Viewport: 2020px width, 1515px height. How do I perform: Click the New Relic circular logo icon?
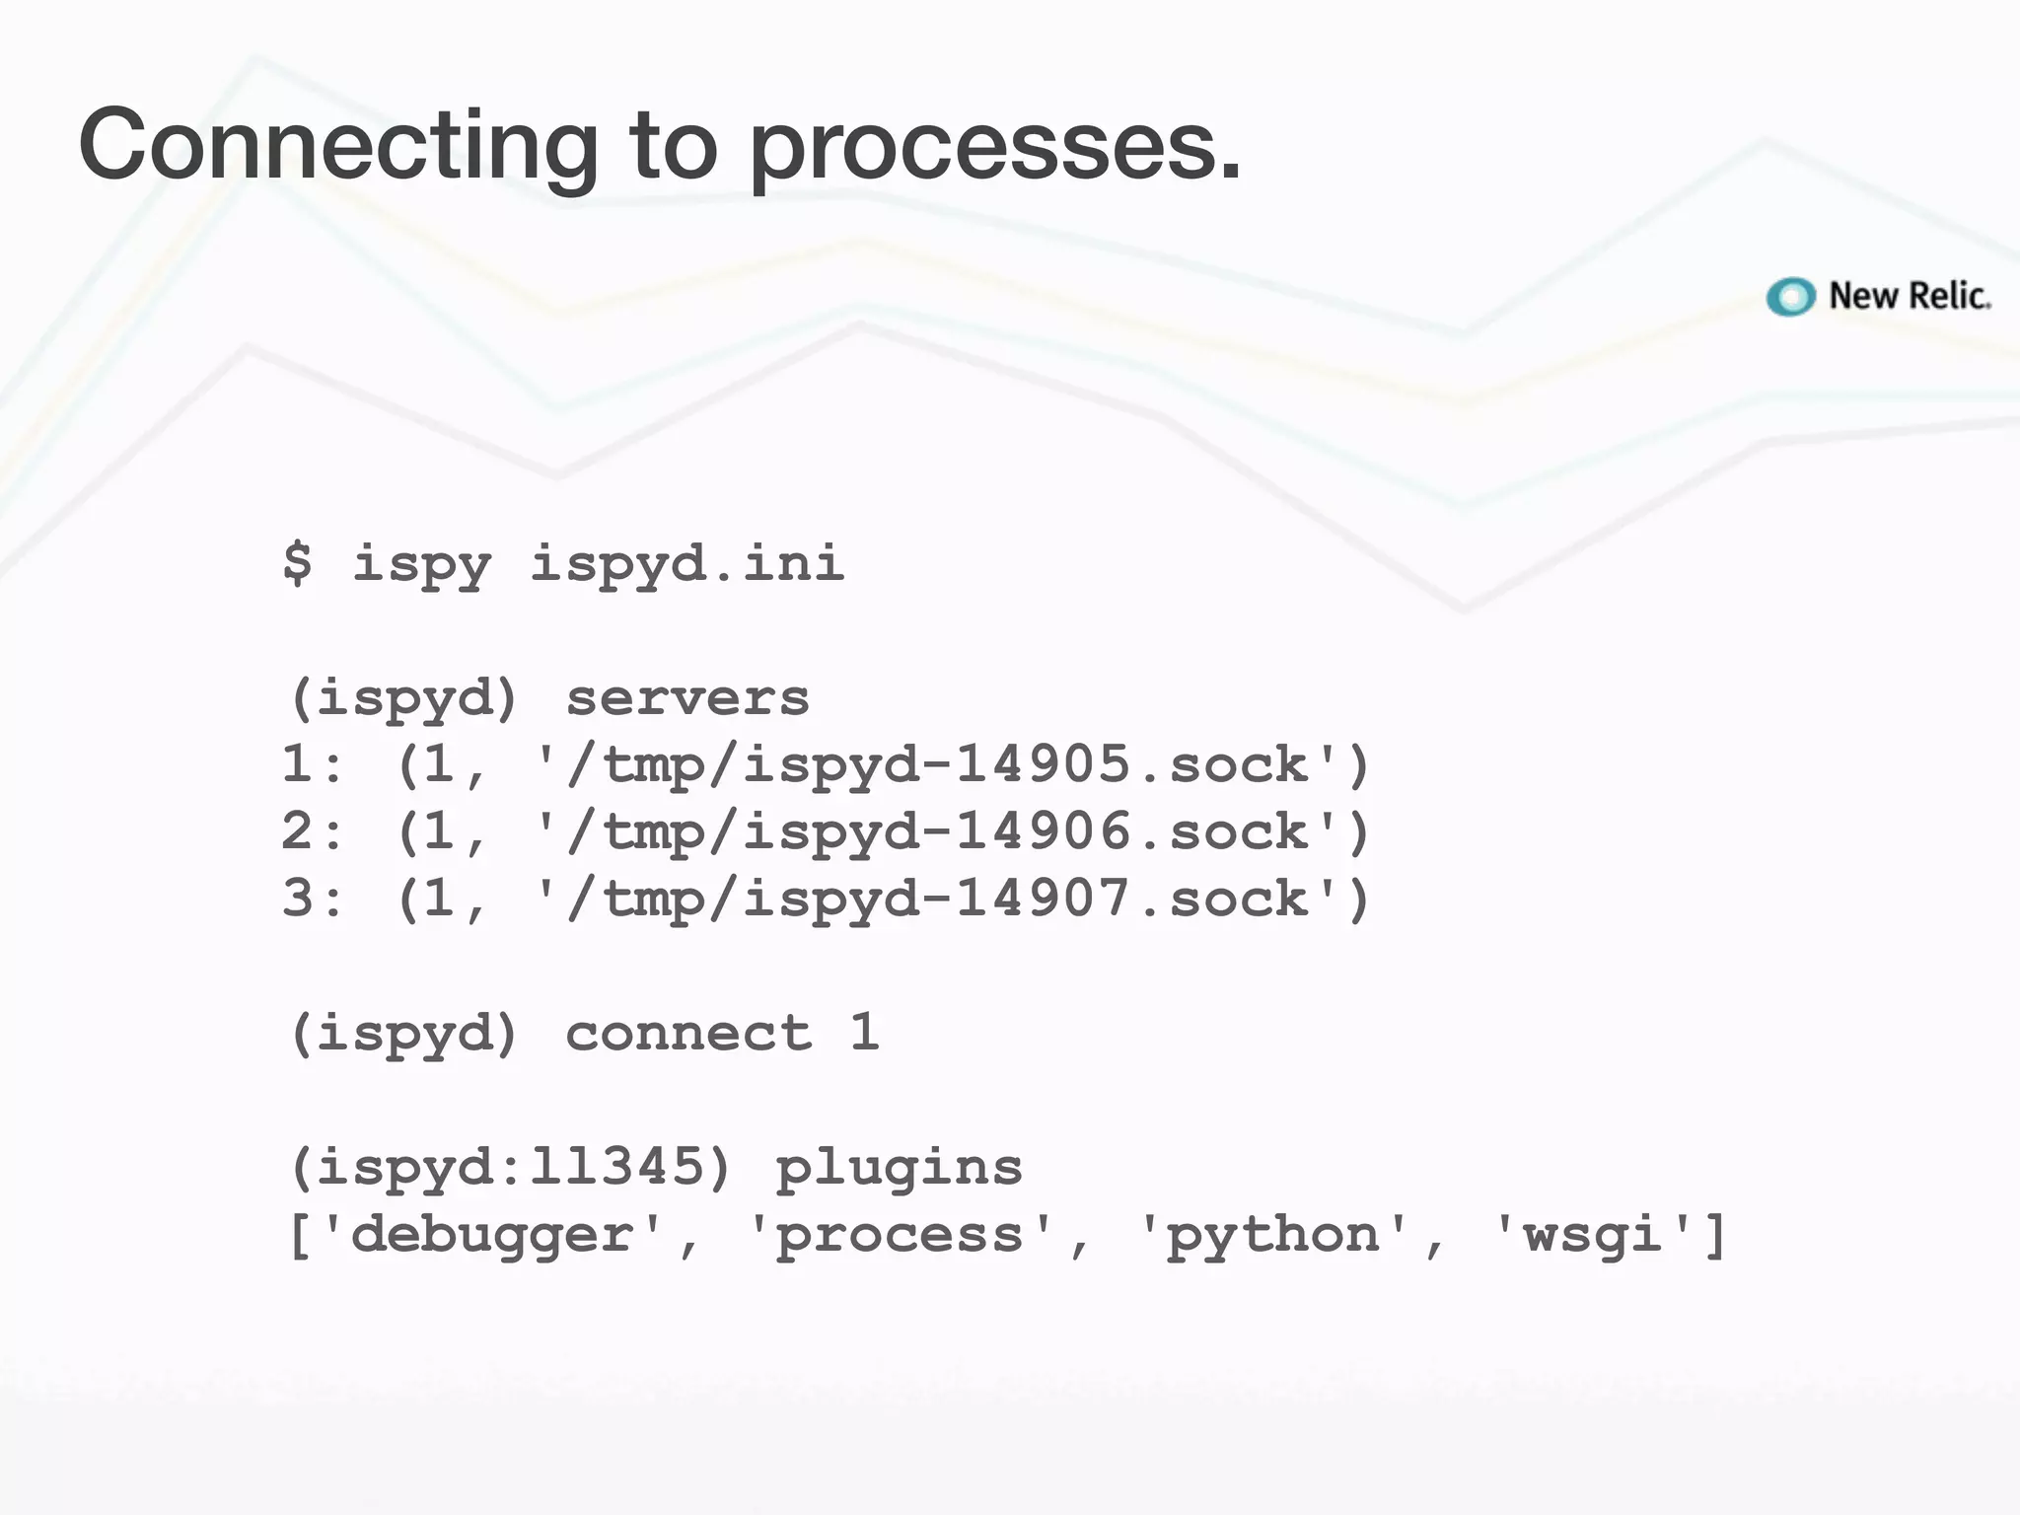[x=1790, y=297]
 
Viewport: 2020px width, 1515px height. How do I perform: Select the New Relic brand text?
[x=1909, y=296]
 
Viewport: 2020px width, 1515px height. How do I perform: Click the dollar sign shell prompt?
[x=297, y=563]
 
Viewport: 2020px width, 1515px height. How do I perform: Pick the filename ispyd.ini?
[x=686, y=563]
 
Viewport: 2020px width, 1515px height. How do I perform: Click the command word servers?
[x=686, y=698]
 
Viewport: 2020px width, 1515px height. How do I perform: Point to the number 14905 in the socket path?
[x=1043, y=764]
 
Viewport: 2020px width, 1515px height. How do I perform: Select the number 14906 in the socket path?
[x=1043, y=831]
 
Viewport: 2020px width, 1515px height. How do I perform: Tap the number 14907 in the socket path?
[x=1043, y=899]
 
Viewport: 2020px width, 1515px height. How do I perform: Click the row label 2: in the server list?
[x=312, y=831]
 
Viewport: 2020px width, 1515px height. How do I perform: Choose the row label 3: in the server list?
[x=312, y=899]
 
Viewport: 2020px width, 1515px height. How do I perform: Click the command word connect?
[x=688, y=1034]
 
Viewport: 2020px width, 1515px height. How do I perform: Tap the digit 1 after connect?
[x=864, y=1033]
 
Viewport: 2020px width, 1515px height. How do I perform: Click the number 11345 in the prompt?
[x=615, y=1168]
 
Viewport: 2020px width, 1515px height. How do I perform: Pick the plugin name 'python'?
[x=1272, y=1235]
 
